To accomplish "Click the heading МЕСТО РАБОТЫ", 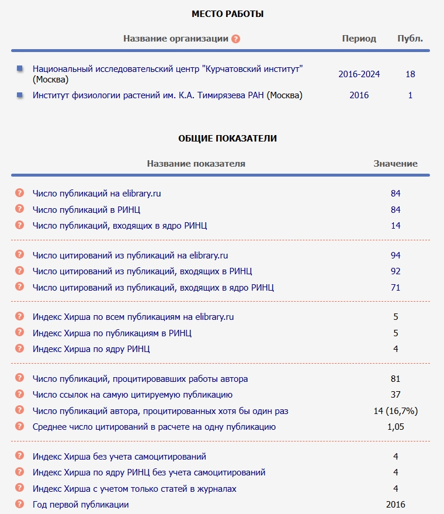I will pyautogui.click(x=228, y=13).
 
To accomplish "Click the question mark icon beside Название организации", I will pyautogui.click(x=235, y=39).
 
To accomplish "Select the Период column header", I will pyautogui.click(x=359, y=39).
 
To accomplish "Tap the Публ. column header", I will pyautogui.click(x=410, y=39).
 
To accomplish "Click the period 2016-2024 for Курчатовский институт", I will pyautogui.click(x=359, y=74).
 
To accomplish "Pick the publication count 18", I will pyautogui.click(x=410, y=74).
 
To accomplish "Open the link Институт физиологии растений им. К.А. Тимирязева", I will pyautogui.click(x=148, y=95).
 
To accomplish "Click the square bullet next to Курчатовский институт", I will pyautogui.click(x=20, y=69).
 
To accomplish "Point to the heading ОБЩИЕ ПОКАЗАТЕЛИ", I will pyautogui.click(x=228, y=139).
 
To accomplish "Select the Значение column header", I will pyautogui.click(x=396, y=164).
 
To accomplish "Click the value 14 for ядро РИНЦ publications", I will pyautogui.click(x=396, y=226).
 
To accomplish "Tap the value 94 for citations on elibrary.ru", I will pyautogui.click(x=396, y=256).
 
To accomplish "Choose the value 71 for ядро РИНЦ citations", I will pyautogui.click(x=396, y=287).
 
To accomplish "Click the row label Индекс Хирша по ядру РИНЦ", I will pyautogui.click(x=91, y=349).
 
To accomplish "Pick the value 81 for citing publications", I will pyautogui.click(x=396, y=379).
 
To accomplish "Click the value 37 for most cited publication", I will pyautogui.click(x=396, y=395).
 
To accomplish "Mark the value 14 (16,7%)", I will pyautogui.click(x=396, y=411).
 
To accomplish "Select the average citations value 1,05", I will pyautogui.click(x=396, y=427).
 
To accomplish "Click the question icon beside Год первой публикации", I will pyautogui.click(x=19, y=504).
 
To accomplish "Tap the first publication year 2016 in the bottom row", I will pyautogui.click(x=396, y=505).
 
